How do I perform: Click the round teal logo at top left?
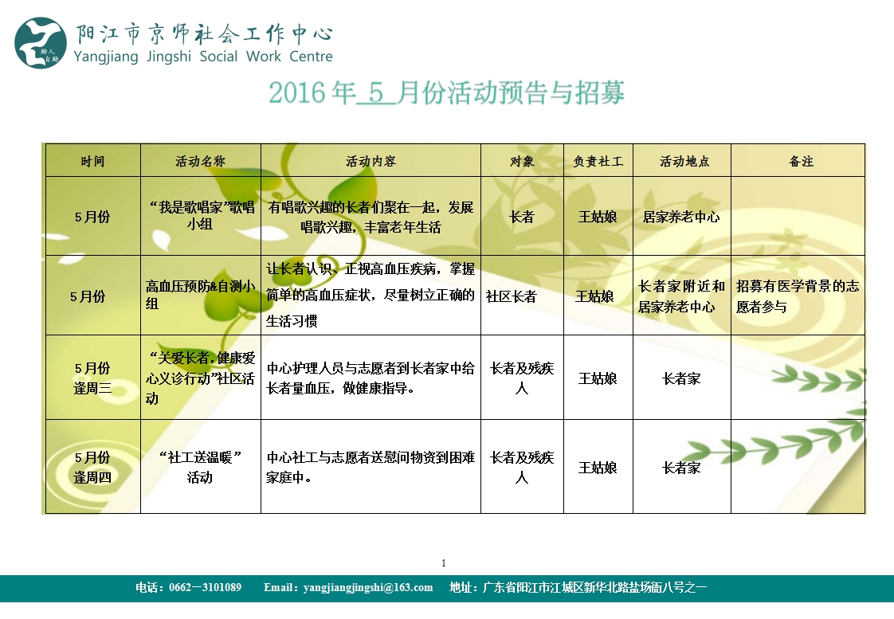(41, 43)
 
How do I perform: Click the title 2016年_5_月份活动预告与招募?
(446, 93)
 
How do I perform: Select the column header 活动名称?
(200, 161)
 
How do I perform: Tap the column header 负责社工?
(598, 161)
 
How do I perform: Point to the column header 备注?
(801, 161)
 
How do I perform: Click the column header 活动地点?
(684, 161)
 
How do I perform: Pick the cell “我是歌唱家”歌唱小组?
(201, 215)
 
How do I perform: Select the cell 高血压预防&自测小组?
(201, 295)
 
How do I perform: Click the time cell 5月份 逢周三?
(92, 378)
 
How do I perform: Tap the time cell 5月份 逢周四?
(92, 467)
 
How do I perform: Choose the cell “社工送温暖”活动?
(200, 467)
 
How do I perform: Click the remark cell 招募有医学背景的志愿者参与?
(798, 296)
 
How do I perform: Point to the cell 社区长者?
(512, 296)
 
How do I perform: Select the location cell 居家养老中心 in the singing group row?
(681, 217)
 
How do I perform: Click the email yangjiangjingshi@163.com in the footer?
(348, 588)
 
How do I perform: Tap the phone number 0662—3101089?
(206, 588)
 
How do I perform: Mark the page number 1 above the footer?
(444, 563)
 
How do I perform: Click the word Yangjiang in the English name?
(106, 57)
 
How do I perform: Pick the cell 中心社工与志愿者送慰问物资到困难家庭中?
(371, 467)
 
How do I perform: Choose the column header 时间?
(92, 161)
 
